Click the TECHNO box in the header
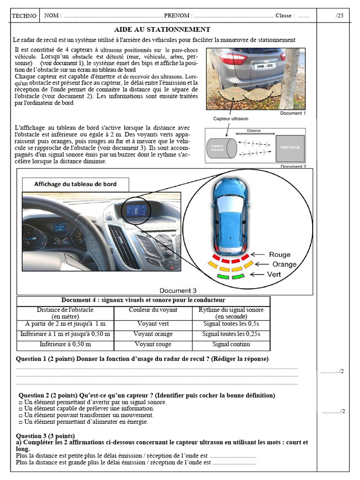click(24, 15)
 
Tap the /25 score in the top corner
click(339, 15)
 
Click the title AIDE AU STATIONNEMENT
click(162, 30)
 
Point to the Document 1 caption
click(292, 113)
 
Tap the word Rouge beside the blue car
click(279, 255)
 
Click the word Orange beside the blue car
click(284, 264)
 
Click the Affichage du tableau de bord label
click(75, 184)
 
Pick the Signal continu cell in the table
click(231, 344)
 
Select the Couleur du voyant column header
click(153, 310)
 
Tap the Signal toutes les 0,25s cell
click(231, 334)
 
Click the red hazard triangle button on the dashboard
click(172, 268)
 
